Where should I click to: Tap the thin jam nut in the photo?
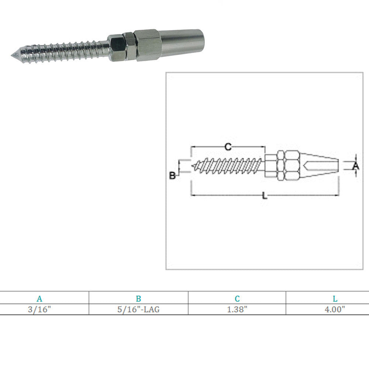click(x=130, y=46)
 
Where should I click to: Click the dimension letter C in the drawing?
click(x=228, y=147)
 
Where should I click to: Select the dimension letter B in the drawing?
click(x=172, y=176)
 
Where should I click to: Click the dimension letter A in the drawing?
click(x=356, y=166)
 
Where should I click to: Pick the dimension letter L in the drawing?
click(x=265, y=196)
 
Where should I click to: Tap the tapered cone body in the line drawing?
click(x=320, y=166)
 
